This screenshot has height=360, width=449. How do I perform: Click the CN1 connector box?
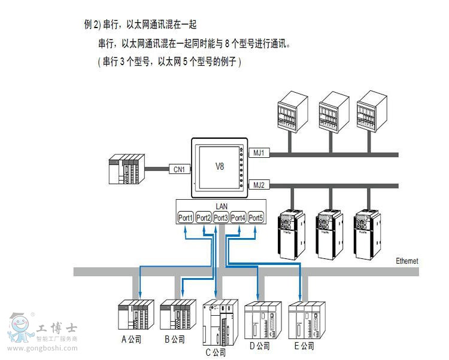tap(180, 169)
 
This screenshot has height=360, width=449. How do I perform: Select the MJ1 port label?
tap(259, 154)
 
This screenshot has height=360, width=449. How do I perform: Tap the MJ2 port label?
tap(259, 184)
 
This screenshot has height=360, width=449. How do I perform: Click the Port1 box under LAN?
tap(186, 218)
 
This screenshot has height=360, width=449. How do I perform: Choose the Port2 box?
tap(204, 218)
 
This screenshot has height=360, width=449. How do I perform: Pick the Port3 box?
tap(221, 218)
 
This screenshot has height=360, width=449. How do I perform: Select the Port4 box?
tap(238, 218)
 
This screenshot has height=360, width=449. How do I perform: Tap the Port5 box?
tap(256, 218)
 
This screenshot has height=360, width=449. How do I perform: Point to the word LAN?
tap(221, 206)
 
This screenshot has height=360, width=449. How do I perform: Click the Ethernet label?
tap(407, 261)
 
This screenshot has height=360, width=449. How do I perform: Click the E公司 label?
tap(304, 346)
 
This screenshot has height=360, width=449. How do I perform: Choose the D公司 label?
tap(259, 346)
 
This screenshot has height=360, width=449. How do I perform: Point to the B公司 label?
tap(174, 339)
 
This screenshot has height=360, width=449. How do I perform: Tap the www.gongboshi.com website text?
tap(44, 349)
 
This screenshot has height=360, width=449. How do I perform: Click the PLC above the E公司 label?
tap(306, 321)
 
